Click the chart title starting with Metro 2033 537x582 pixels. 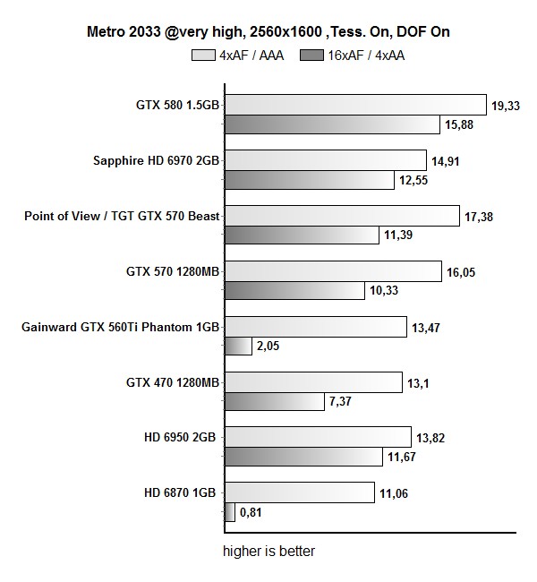268,32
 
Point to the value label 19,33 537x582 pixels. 505,107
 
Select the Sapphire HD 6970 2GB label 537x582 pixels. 156,161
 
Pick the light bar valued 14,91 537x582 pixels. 324,161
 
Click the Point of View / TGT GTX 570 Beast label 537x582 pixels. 122,216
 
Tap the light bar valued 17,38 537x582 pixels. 341,216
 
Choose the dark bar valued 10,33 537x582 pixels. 294,290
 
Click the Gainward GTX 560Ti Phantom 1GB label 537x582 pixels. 120,327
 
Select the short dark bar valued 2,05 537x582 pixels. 236,347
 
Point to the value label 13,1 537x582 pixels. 420,382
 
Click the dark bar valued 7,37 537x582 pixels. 273,402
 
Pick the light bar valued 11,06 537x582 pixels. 298,492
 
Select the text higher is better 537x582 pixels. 268,552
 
